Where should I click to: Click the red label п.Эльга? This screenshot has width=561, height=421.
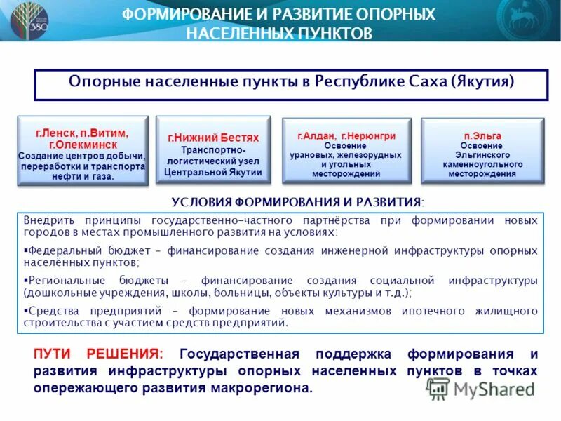[482, 135]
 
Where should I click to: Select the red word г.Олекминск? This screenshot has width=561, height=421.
[82, 144]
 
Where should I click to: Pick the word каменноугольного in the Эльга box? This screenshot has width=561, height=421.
[482, 164]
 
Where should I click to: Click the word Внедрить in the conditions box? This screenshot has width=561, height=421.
[47, 220]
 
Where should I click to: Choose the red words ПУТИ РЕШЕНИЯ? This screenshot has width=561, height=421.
[97, 354]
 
